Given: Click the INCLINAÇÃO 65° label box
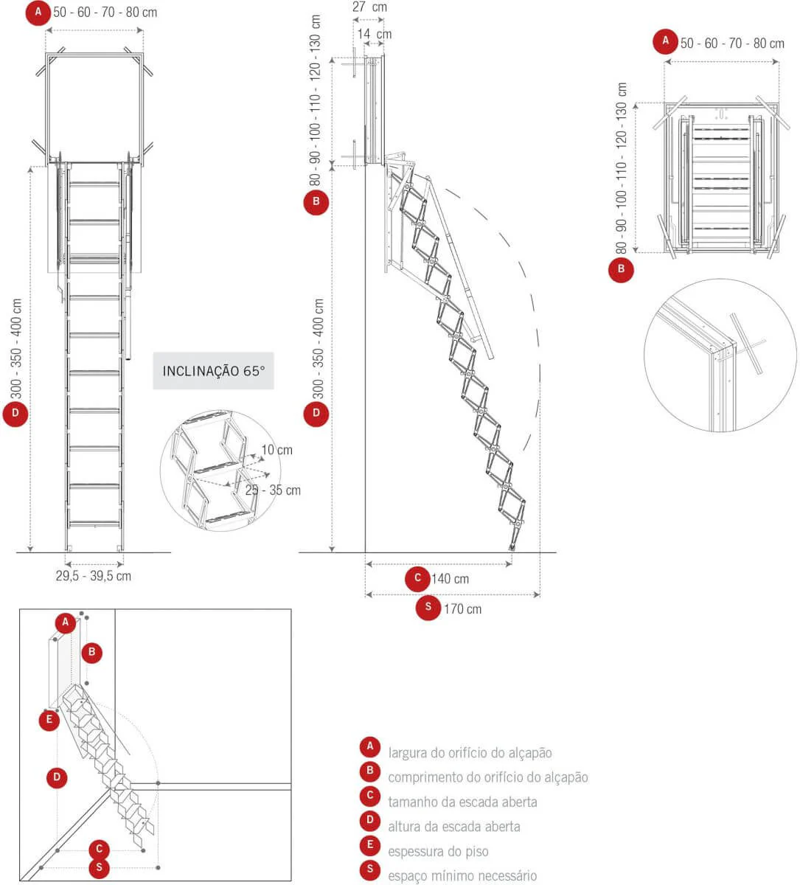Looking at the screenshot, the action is point(213,370).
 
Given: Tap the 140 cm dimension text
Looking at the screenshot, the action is point(450,579).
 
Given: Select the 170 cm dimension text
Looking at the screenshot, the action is point(462,609).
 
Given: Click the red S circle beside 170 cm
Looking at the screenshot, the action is point(428,607).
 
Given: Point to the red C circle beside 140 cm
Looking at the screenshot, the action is point(417,578).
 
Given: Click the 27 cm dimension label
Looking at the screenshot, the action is point(370,7).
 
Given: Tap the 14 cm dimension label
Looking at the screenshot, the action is point(375,34).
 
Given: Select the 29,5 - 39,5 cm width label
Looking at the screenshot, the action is point(94,576).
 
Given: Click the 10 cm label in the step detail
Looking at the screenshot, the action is point(276,450).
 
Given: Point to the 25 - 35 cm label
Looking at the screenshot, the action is point(273,490).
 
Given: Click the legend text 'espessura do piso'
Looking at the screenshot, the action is point(438,852).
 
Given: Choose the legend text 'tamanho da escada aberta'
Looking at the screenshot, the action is point(462,802).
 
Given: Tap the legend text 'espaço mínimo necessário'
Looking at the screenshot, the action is point(462,875).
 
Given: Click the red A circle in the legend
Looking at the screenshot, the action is point(370,746).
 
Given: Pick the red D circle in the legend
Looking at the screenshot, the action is point(370,820).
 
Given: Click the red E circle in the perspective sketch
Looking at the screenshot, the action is point(49,720).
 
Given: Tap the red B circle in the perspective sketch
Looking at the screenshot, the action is point(91,652).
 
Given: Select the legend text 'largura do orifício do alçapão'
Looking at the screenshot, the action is point(470,753).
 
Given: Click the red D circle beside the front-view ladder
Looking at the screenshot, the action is point(15,414).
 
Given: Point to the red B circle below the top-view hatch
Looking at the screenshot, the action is point(621,269).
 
